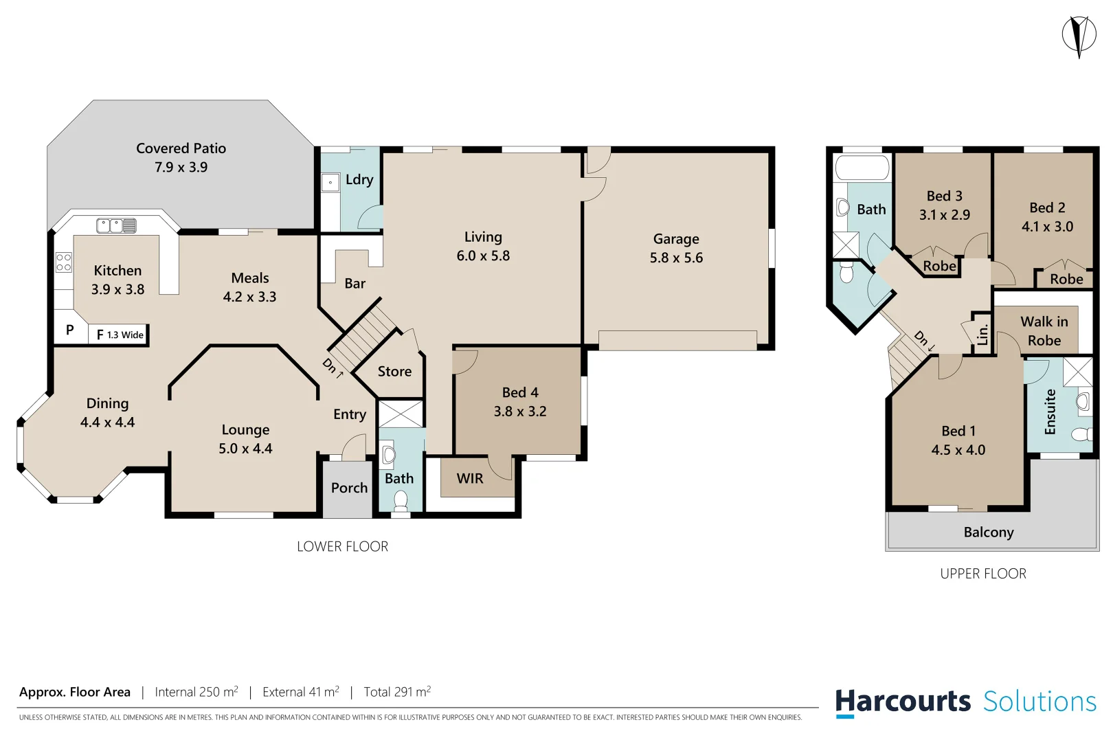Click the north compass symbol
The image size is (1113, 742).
coord(1079,35)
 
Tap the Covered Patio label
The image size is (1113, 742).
coord(181,148)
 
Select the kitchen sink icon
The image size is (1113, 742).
coord(116,225)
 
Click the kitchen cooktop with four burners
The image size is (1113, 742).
coord(63,262)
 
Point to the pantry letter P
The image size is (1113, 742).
coord(69,330)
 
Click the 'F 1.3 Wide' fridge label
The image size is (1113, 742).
coord(120,335)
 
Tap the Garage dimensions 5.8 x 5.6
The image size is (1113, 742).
coord(676,258)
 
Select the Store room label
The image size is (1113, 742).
coord(394,372)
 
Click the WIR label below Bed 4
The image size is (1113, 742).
coord(470,479)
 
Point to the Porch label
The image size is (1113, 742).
coord(349,488)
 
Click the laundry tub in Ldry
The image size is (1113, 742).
coord(330,183)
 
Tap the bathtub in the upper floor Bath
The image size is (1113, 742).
coord(862,168)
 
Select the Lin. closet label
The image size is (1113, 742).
coord(982,335)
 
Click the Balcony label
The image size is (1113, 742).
coord(988,532)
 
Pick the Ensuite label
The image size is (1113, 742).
coord(1050,412)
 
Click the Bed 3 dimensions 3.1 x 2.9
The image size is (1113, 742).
coord(944,215)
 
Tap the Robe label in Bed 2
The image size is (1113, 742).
coord(1066,279)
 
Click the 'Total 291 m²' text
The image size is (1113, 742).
coord(397,692)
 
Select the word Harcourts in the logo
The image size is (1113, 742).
coord(902,701)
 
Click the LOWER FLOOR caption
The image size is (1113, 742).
coord(342,547)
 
